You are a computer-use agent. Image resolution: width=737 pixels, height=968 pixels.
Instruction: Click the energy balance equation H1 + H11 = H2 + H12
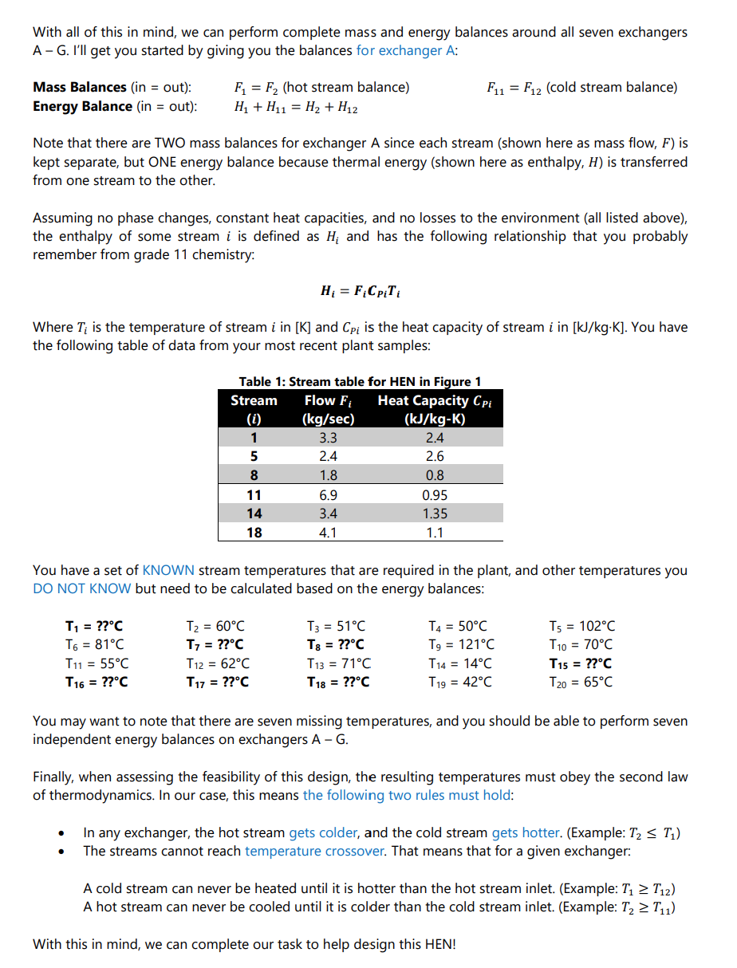295,107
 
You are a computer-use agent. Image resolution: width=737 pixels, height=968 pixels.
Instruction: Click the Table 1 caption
360,382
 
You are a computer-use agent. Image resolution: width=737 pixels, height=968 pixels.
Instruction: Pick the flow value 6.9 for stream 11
328,495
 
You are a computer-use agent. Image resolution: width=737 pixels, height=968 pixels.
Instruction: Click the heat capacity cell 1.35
435,514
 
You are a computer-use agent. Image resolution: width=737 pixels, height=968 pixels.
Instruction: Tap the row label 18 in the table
254,533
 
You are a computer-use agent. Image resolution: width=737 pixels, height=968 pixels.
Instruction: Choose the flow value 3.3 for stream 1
328,438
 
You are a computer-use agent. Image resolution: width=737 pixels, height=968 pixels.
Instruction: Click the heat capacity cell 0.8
435,476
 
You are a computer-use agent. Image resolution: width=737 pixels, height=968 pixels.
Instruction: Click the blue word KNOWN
167,571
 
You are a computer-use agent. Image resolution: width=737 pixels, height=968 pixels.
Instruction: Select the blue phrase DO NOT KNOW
82,589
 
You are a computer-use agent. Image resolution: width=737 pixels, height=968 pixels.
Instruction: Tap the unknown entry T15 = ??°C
581,663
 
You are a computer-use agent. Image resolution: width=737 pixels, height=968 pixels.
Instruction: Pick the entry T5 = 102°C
582,627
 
